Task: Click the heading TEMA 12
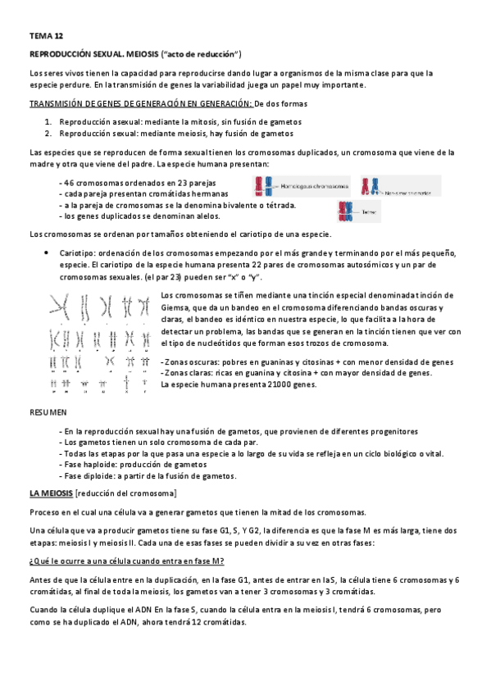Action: [45, 37]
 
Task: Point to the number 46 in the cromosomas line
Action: [69, 182]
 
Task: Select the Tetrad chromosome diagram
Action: [347, 211]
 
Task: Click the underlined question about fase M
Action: [127, 560]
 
